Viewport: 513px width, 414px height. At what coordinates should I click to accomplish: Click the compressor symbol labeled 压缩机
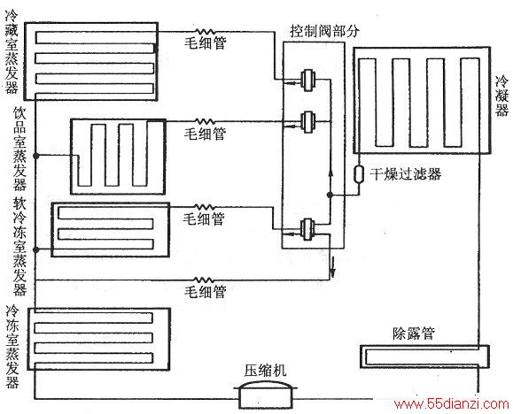[x=265, y=395]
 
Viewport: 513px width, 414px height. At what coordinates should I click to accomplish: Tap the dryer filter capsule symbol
[x=359, y=174]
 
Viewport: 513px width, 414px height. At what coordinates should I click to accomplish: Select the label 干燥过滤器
[x=406, y=174]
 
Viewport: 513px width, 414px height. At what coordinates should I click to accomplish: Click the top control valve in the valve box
[x=308, y=80]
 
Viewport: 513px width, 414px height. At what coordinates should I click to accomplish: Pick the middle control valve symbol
[x=308, y=122]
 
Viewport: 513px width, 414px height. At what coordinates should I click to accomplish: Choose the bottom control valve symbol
[x=307, y=229]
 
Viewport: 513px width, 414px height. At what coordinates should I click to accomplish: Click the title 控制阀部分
[x=324, y=31]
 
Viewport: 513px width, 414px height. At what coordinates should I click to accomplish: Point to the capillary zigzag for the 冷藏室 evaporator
[x=206, y=32]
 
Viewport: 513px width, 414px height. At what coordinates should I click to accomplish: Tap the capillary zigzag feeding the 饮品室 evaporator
[x=206, y=121]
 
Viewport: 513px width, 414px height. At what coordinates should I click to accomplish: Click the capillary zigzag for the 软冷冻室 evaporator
[x=205, y=207]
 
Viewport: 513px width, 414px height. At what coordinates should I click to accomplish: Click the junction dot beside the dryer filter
[x=330, y=195]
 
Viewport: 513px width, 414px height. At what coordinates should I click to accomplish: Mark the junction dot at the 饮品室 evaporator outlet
[x=36, y=157]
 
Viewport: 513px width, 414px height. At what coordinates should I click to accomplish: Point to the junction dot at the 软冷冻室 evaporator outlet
[x=36, y=250]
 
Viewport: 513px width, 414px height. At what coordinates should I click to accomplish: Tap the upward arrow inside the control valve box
[x=330, y=172]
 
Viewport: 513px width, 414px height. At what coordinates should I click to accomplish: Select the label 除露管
[x=414, y=333]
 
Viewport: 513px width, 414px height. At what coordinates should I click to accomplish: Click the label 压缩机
[x=265, y=371]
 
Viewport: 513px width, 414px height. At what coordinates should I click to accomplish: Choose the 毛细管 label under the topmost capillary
[x=206, y=42]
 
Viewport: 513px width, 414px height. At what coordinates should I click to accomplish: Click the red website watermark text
[x=452, y=404]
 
